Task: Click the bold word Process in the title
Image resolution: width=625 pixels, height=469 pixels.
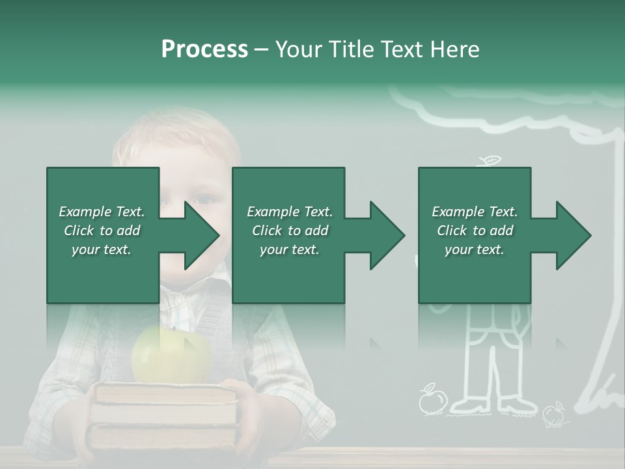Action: [x=204, y=50]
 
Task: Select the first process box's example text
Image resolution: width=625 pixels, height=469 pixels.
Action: [x=102, y=231]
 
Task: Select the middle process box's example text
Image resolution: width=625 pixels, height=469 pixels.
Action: [x=290, y=231]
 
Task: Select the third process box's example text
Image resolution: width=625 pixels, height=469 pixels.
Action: [x=475, y=231]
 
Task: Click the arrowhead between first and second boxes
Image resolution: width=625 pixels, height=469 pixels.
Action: [x=199, y=235]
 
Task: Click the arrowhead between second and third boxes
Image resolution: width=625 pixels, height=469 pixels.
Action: [x=385, y=235]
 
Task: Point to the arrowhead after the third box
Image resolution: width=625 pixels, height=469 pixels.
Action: [x=571, y=235]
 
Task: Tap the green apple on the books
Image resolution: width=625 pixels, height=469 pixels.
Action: [x=172, y=355]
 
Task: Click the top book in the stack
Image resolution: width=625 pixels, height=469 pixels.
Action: [x=165, y=393]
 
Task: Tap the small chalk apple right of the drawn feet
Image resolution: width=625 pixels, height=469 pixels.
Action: [x=554, y=413]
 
